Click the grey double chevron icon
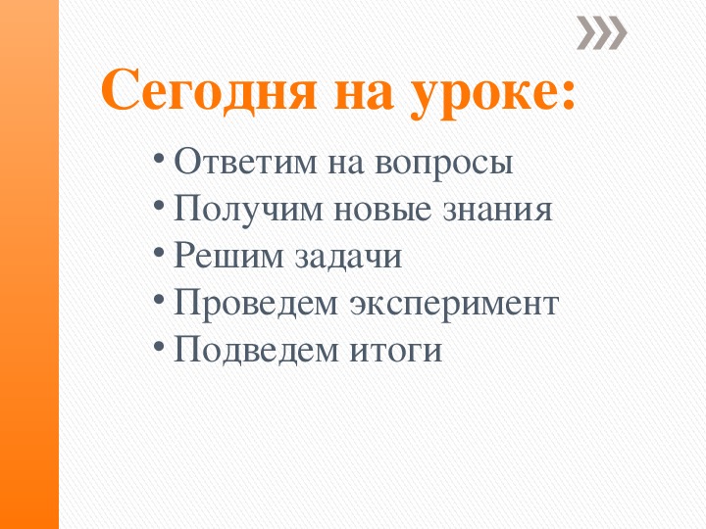(601, 34)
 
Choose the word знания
(500, 210)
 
